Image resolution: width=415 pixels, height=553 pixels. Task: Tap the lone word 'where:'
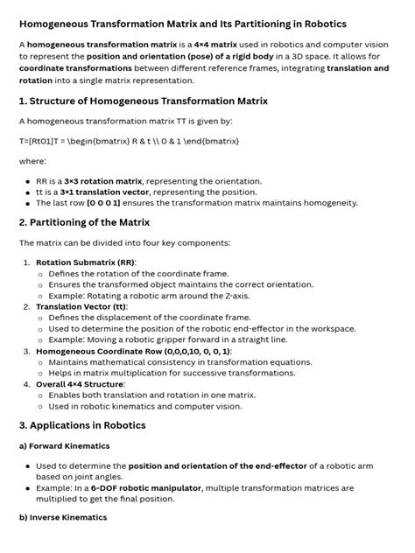click(x=32, y=160)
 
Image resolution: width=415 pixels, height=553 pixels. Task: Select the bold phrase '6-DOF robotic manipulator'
click(x=147, y=487)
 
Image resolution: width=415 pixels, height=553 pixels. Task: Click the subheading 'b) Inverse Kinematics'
click(x=63, y=518)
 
